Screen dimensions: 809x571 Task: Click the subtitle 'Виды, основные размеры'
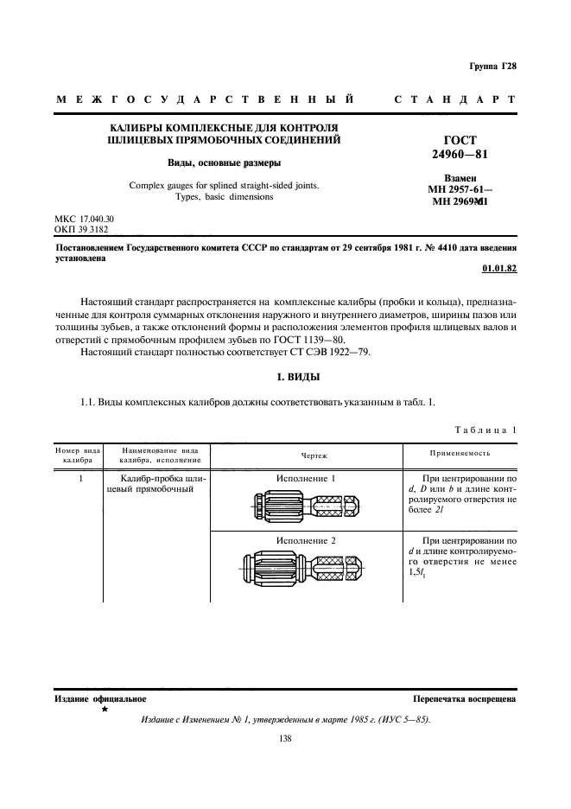click(x=224, y=162)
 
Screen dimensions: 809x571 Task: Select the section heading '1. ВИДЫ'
click(x=285, y=378)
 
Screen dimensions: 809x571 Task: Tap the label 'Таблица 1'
click(x=485, y=430)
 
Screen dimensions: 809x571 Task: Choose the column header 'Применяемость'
click(x=460, y=453)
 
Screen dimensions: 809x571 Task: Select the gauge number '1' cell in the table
click(x=79, y=478)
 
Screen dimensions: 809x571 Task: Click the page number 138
click(x=285, y=738)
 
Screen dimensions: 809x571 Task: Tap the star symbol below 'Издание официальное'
click(x=105, y=709)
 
